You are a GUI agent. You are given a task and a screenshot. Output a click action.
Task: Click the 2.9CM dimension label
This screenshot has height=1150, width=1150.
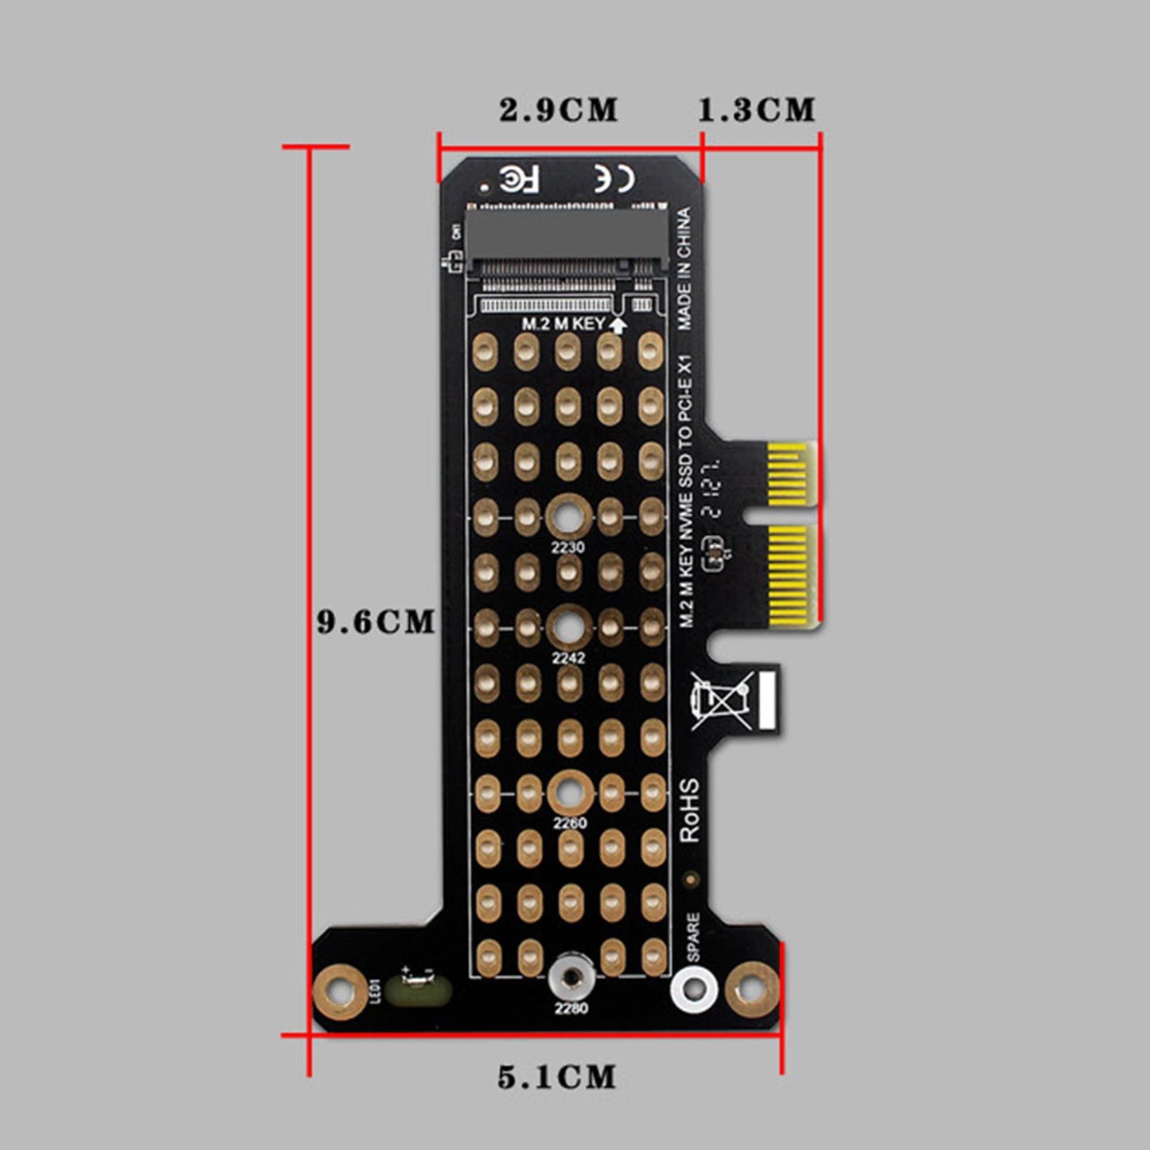pyautogui.click(x=558, y=110)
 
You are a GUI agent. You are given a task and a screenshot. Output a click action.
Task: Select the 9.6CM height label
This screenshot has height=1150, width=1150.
pyautogui.click(x=376, y=622)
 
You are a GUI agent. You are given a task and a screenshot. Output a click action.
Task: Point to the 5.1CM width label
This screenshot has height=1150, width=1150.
pyautogui.click(x=557, y=1078)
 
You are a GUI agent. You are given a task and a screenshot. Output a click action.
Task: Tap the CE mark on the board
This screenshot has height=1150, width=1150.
pyautogui.click(x=614, y=179)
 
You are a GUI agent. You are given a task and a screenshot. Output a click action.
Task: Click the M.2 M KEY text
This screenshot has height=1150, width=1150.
pyautogui.click(x=563, y=324)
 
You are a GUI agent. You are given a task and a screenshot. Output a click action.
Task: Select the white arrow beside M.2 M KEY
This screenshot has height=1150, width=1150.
pyautogui.click(x=618, y=324)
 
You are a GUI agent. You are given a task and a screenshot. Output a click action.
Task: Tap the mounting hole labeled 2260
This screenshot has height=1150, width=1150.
pyautogui.click(x=570, y=793)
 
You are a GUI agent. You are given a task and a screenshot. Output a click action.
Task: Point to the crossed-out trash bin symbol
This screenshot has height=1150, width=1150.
pyautogui.click(x=721, y=700)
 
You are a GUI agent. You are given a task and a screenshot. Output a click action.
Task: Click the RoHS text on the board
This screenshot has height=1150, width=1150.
pyautogui.click(x=689, y=810)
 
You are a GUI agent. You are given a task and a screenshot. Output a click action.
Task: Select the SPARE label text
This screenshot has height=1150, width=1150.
pyautogui.click(x=692, y=937)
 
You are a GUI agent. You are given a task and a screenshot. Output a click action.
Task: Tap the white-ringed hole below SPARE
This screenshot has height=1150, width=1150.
pyautogui.click(x=694, y=989)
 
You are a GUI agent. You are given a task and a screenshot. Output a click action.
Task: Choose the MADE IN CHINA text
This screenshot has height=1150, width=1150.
pyautogui.click(x=684, y=268)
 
